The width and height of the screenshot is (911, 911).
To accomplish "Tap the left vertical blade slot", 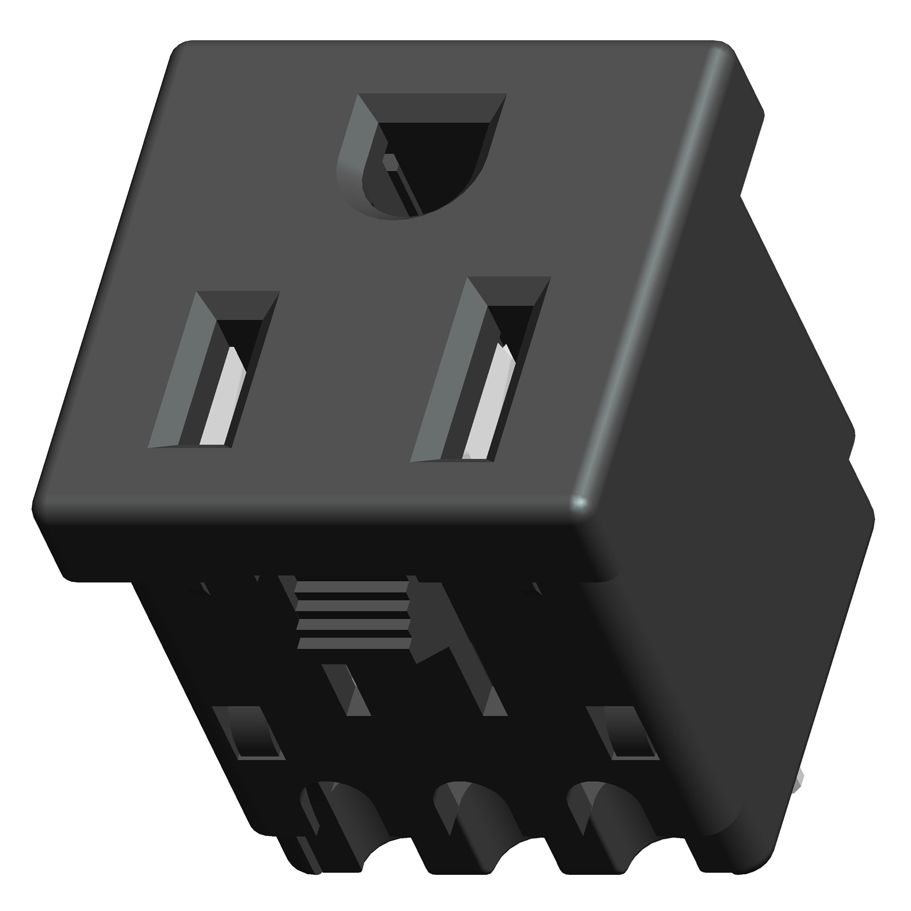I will point(215,369).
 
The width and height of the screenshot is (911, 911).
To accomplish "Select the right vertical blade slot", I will point(480,369).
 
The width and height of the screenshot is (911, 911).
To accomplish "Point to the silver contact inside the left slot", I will point(223,398).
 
